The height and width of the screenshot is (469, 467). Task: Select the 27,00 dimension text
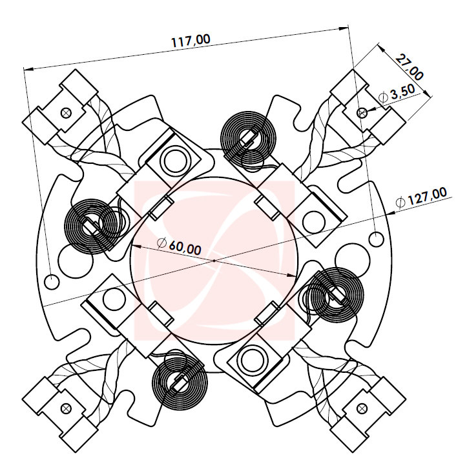tap(410, 68)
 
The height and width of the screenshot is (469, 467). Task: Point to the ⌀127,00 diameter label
tap(420, 197)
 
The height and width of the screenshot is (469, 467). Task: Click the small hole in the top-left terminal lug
tap(65, 112)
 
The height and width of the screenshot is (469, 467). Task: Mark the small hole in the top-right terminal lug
tap(362, 112)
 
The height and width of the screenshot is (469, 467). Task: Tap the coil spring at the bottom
tap(179, 381)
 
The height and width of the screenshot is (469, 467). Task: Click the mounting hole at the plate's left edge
tap(51, 281)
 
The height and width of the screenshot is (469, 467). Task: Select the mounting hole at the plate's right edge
tap(379, 239)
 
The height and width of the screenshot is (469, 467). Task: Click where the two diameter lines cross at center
tap(214, 260)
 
